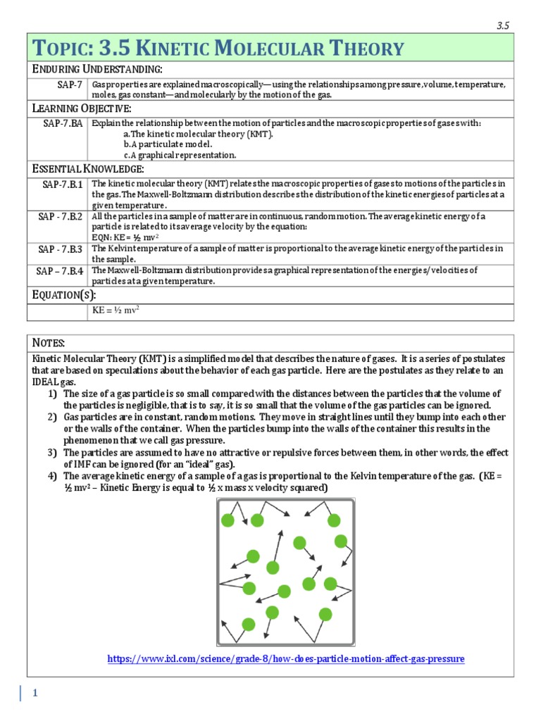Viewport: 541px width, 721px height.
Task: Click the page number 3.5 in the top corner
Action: pos(502,25)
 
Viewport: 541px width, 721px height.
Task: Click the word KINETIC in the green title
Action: pos(179,49)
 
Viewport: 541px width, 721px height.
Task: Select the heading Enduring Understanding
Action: pos(98,68)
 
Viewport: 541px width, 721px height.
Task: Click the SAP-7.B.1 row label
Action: pos(62,184)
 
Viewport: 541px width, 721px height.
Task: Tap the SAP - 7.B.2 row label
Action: pos(61,216)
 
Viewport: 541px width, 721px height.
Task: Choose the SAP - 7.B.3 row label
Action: pos(61,249)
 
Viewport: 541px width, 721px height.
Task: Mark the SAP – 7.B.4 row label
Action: pos(61,270)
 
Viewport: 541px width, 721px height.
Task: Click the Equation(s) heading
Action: pos(66,294)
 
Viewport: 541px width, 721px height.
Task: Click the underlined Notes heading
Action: pos(49,342)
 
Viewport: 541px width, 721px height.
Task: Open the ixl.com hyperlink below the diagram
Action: pos(285,659)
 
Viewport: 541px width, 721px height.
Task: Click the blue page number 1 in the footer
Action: pos(35,694)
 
